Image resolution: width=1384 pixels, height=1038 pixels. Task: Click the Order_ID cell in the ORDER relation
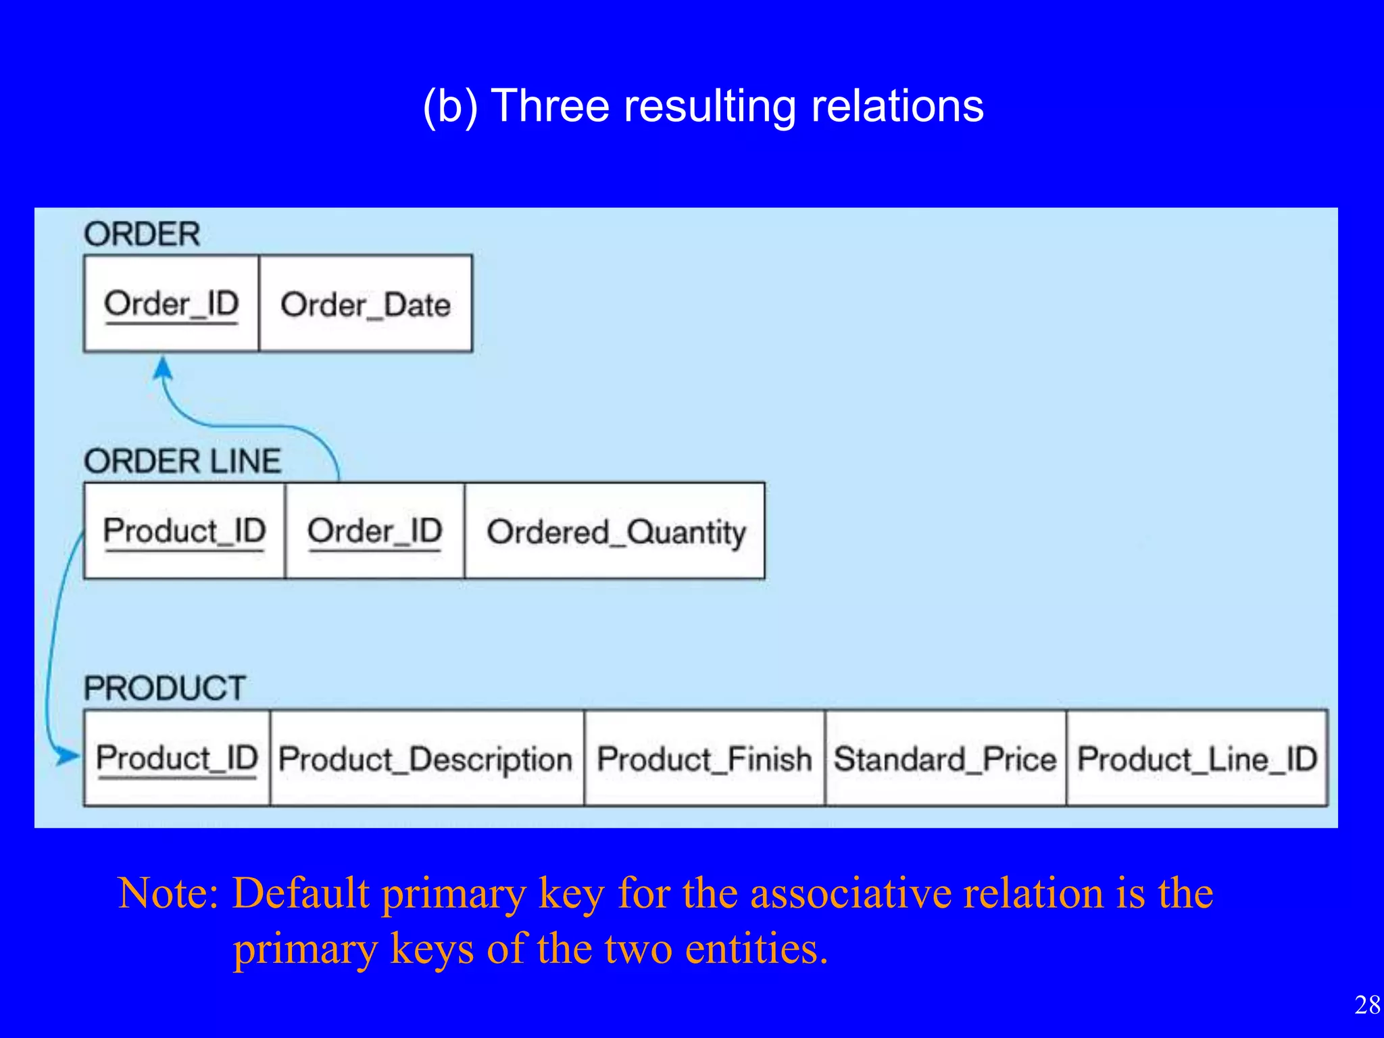tap(171, 303)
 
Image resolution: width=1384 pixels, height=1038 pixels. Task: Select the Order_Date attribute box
tap(365, 304)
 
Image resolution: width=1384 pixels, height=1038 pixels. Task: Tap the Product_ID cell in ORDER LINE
tap(184, 531)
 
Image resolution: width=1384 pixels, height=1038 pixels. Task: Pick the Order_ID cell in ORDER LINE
tap(374, 531)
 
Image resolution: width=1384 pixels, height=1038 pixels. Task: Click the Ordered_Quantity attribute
tap(615, 532)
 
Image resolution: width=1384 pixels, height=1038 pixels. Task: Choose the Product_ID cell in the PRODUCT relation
tap(176, 758)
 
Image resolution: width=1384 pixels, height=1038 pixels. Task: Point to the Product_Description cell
tap(426, 759)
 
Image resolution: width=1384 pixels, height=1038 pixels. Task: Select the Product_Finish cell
tap(704, 759)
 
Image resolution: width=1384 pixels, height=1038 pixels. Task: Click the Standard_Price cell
tap(945, 759)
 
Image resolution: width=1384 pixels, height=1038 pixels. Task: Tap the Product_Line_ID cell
tap(1197, 759)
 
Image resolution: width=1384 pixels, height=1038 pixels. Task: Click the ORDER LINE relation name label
tap(182, 462)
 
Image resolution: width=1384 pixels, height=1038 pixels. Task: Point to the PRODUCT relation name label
tap(164, 688)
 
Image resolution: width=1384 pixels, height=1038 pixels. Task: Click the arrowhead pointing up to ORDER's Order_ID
tap(163, 369)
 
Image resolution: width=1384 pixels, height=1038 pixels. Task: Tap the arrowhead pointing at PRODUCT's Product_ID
tap(68, 756)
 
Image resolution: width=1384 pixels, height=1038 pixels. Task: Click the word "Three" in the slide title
tap(549, 106)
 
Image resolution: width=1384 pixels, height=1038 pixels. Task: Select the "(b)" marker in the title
tap(450, 107)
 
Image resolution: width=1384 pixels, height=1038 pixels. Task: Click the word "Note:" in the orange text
tap(168, 893)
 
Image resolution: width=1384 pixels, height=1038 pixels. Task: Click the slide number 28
tap(1367, 1005)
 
